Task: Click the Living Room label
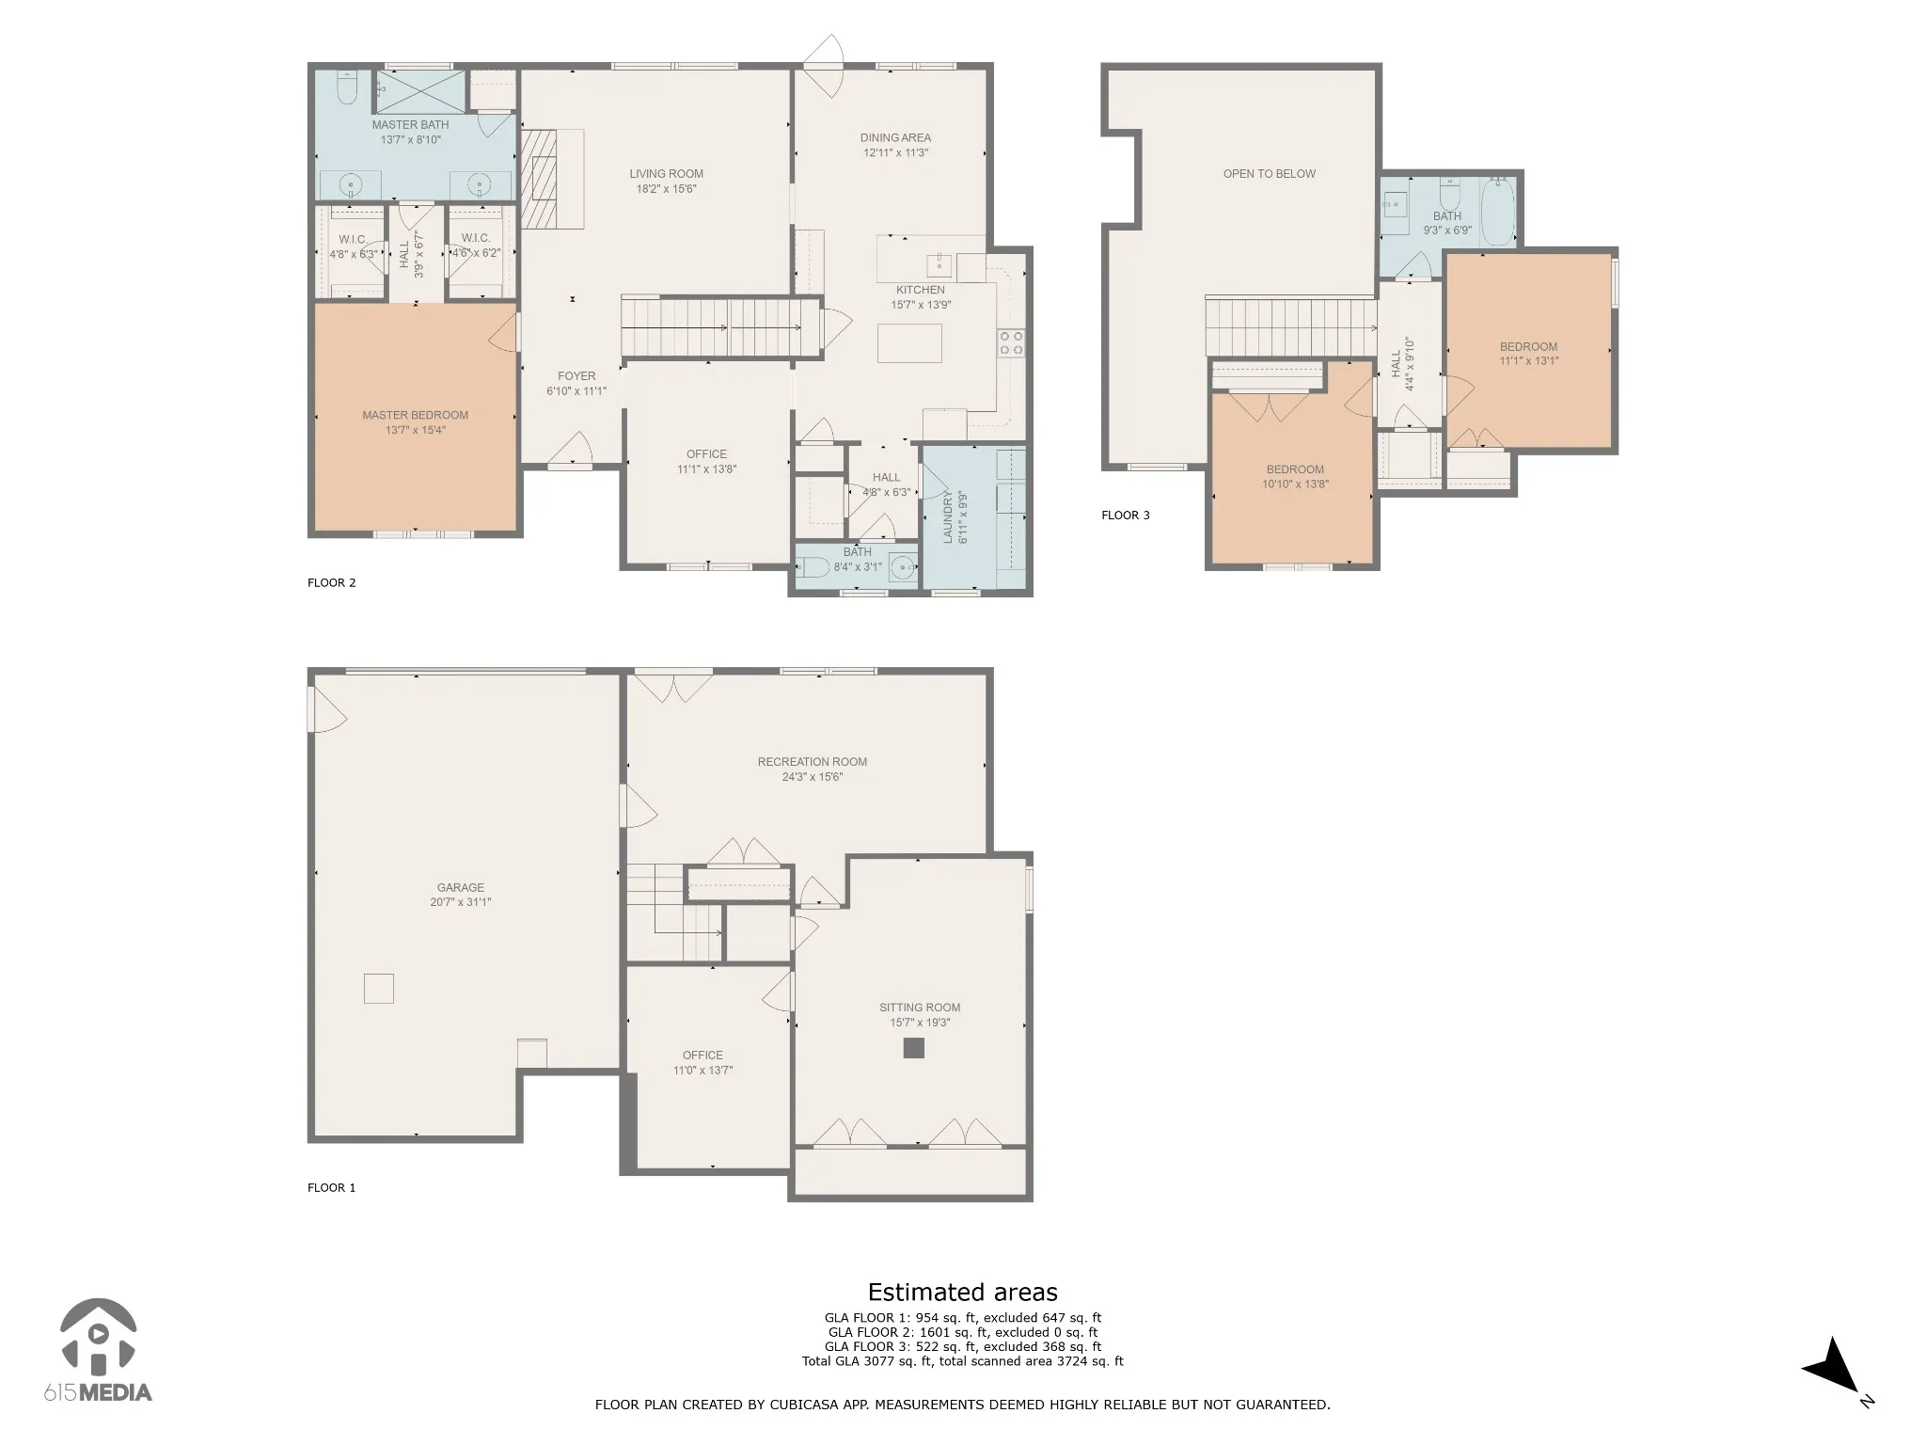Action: point(666,173)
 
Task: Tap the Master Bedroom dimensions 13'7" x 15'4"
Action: point(415,430)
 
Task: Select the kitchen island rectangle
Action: point(909,342)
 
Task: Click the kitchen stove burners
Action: point(1012,343)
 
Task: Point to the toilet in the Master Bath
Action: point(347,87)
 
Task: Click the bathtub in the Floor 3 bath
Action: point(1498,212)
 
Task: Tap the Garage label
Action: point(461,887)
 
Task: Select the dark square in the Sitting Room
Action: point(913,1048)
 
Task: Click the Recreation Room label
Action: point(813,762)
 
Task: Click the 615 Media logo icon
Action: point(98,1334)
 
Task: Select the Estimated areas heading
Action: point(962,1292)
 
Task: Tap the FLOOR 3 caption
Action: point(1126,515)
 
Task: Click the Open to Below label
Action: point(1269,173)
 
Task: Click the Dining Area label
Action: point(895,137)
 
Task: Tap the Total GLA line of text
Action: point(962,1361)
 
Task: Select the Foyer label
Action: point(576,375)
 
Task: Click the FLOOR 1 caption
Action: point(332,1187)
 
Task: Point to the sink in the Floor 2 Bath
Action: point(903,567)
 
